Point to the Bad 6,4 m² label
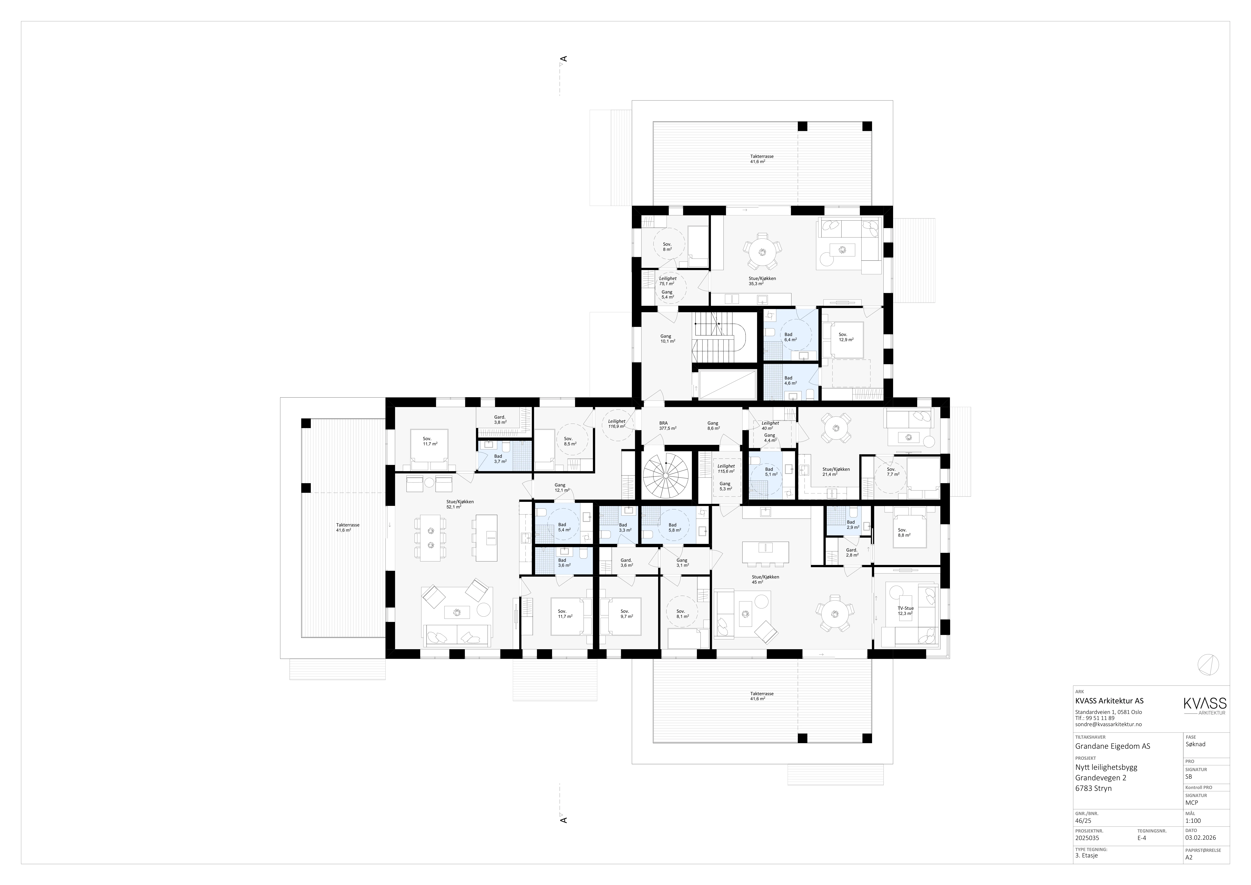point(789,337)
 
